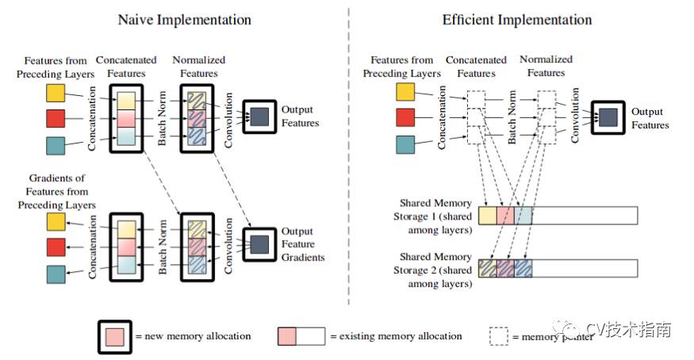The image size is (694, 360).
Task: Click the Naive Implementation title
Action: click(x=184, y=20)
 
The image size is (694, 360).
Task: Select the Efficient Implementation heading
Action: click(x=517, y=20)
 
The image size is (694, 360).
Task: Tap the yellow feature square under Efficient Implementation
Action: click(x=405, y=92)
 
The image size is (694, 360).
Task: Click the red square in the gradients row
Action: click(x=56, y=247)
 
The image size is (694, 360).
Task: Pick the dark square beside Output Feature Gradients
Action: click(x=259, y=244)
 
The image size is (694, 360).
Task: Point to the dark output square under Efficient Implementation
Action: click(x=608, y=117)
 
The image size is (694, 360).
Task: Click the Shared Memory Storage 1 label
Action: click(x=434, y=216)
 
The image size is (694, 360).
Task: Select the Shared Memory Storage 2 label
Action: click(x=434, y=270)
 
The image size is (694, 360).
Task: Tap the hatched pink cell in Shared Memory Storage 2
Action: click(x=505, y=269)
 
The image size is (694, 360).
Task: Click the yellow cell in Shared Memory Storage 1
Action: click(x=488, y=216)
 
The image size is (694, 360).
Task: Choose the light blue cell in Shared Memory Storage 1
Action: click(x=523, y=216)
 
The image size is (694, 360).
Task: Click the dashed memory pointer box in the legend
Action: click(x=499, y=336)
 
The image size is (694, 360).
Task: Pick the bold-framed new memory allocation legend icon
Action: click(x=115, y=337)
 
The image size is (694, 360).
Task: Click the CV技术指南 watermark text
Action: click(x=628, y=330)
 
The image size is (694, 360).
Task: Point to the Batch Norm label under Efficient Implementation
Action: click(x=512, y=117)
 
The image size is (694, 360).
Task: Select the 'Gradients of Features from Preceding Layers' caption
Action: click(x=56, y=192)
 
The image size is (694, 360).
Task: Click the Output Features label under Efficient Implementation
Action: click(x=650, y=118)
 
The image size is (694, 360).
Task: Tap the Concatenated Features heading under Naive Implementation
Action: click(x=126, y=67)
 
